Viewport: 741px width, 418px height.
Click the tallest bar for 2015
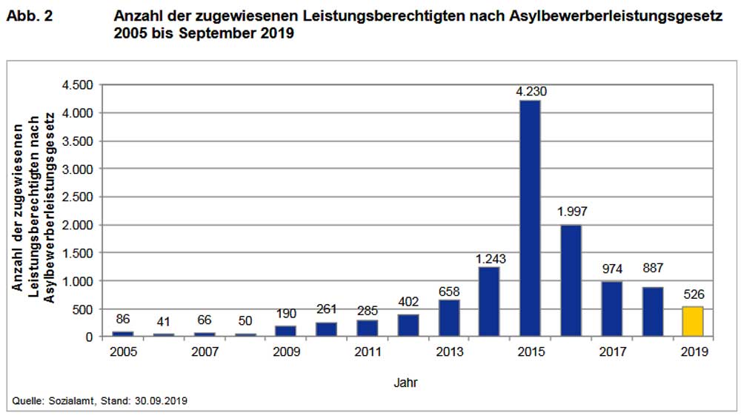(x=529, y=218)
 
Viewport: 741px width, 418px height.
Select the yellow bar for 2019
(x=693, y=321)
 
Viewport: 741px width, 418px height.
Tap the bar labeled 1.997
(x=571, y=280)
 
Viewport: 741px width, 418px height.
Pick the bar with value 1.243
(x=488, y=302)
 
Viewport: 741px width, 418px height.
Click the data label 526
(x=693, y=294)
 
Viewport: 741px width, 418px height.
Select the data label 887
(x=652, y=268)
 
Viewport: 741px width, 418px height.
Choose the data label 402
(x=407, y=301)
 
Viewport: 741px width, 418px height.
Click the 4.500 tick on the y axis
(x=77, y=85)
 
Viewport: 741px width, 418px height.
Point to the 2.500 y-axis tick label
(x=77, y=197)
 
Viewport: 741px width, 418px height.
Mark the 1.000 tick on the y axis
(x=77, y=281)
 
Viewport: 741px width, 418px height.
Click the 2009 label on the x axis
(x=285, y=352)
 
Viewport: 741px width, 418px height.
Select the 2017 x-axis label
(x=611, y=352)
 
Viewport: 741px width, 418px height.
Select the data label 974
(x=611, y=268)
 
